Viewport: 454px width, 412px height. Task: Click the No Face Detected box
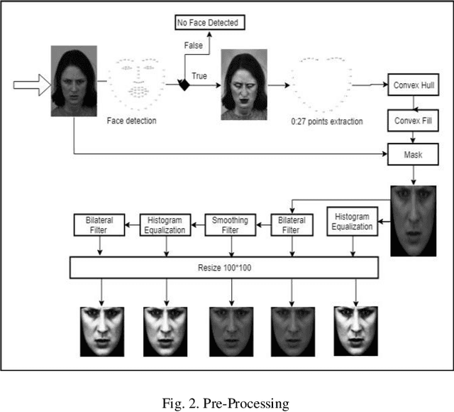pyautogui.click(x=211, y=23)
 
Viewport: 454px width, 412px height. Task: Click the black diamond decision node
pyautogui.click(x=184, y=85)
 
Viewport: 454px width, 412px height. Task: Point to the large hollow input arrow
pyautogui.click(x=31, y=86)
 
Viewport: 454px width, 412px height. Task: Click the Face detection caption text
pyautogui.click(x=132, y=121)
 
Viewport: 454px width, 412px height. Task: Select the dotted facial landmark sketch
pyautogui.click(x=137, y=80)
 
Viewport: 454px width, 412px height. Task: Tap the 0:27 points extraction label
pyautogui.click(x=327, y=121)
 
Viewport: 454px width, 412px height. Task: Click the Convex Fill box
pyautogui.click(x=411, y=121)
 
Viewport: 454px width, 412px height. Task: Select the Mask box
pyautogui.click(x=411, y=152)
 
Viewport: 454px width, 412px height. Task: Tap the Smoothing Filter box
pyautogui.click(x=230, y=225)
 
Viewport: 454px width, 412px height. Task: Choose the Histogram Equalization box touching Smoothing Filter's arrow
pyautogui.click(x=166, y=225)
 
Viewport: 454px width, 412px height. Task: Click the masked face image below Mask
pyautogui.click(x=414, y=220)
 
